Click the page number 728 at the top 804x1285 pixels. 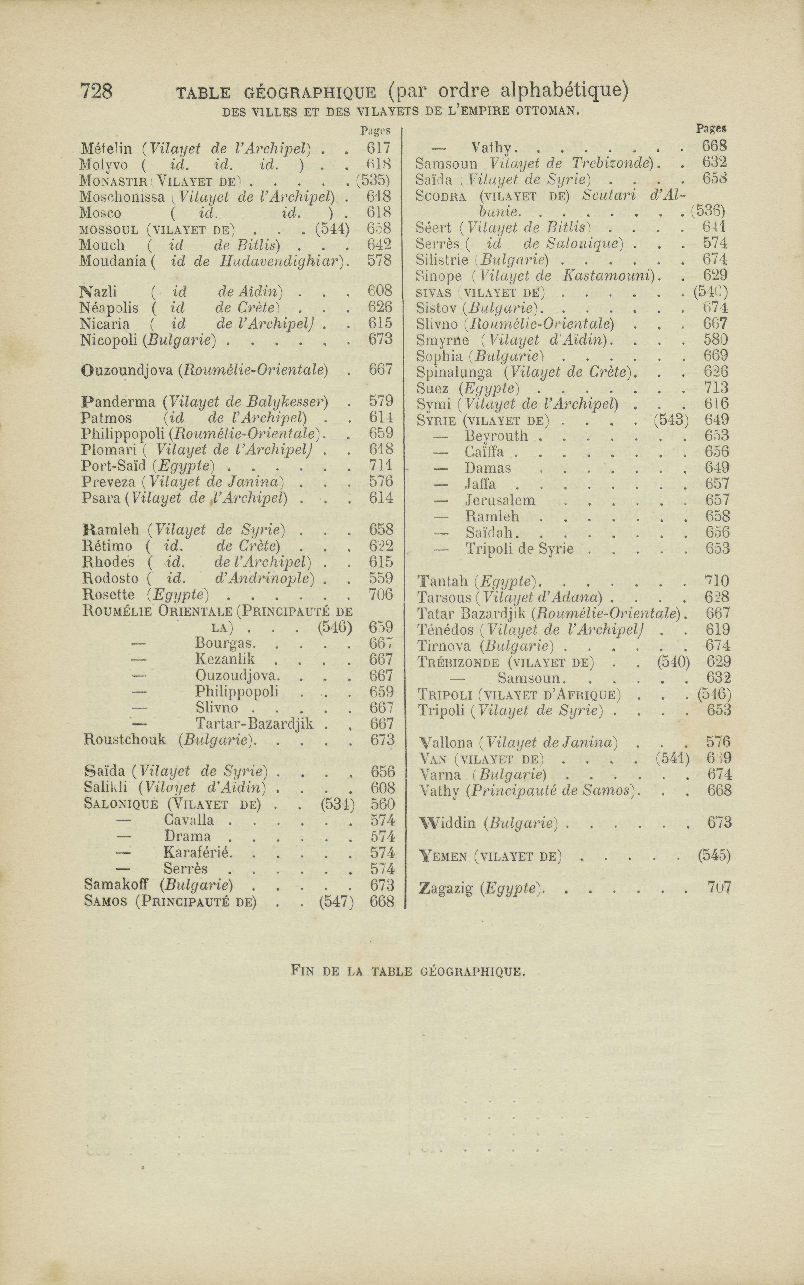[96, 91]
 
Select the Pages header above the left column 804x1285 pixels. [375, 130]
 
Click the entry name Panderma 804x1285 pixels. [118, 401]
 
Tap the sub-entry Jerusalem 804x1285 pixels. [500, 500]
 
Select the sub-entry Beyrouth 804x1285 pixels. [496, 436]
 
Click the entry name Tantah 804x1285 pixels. [443, 581]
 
